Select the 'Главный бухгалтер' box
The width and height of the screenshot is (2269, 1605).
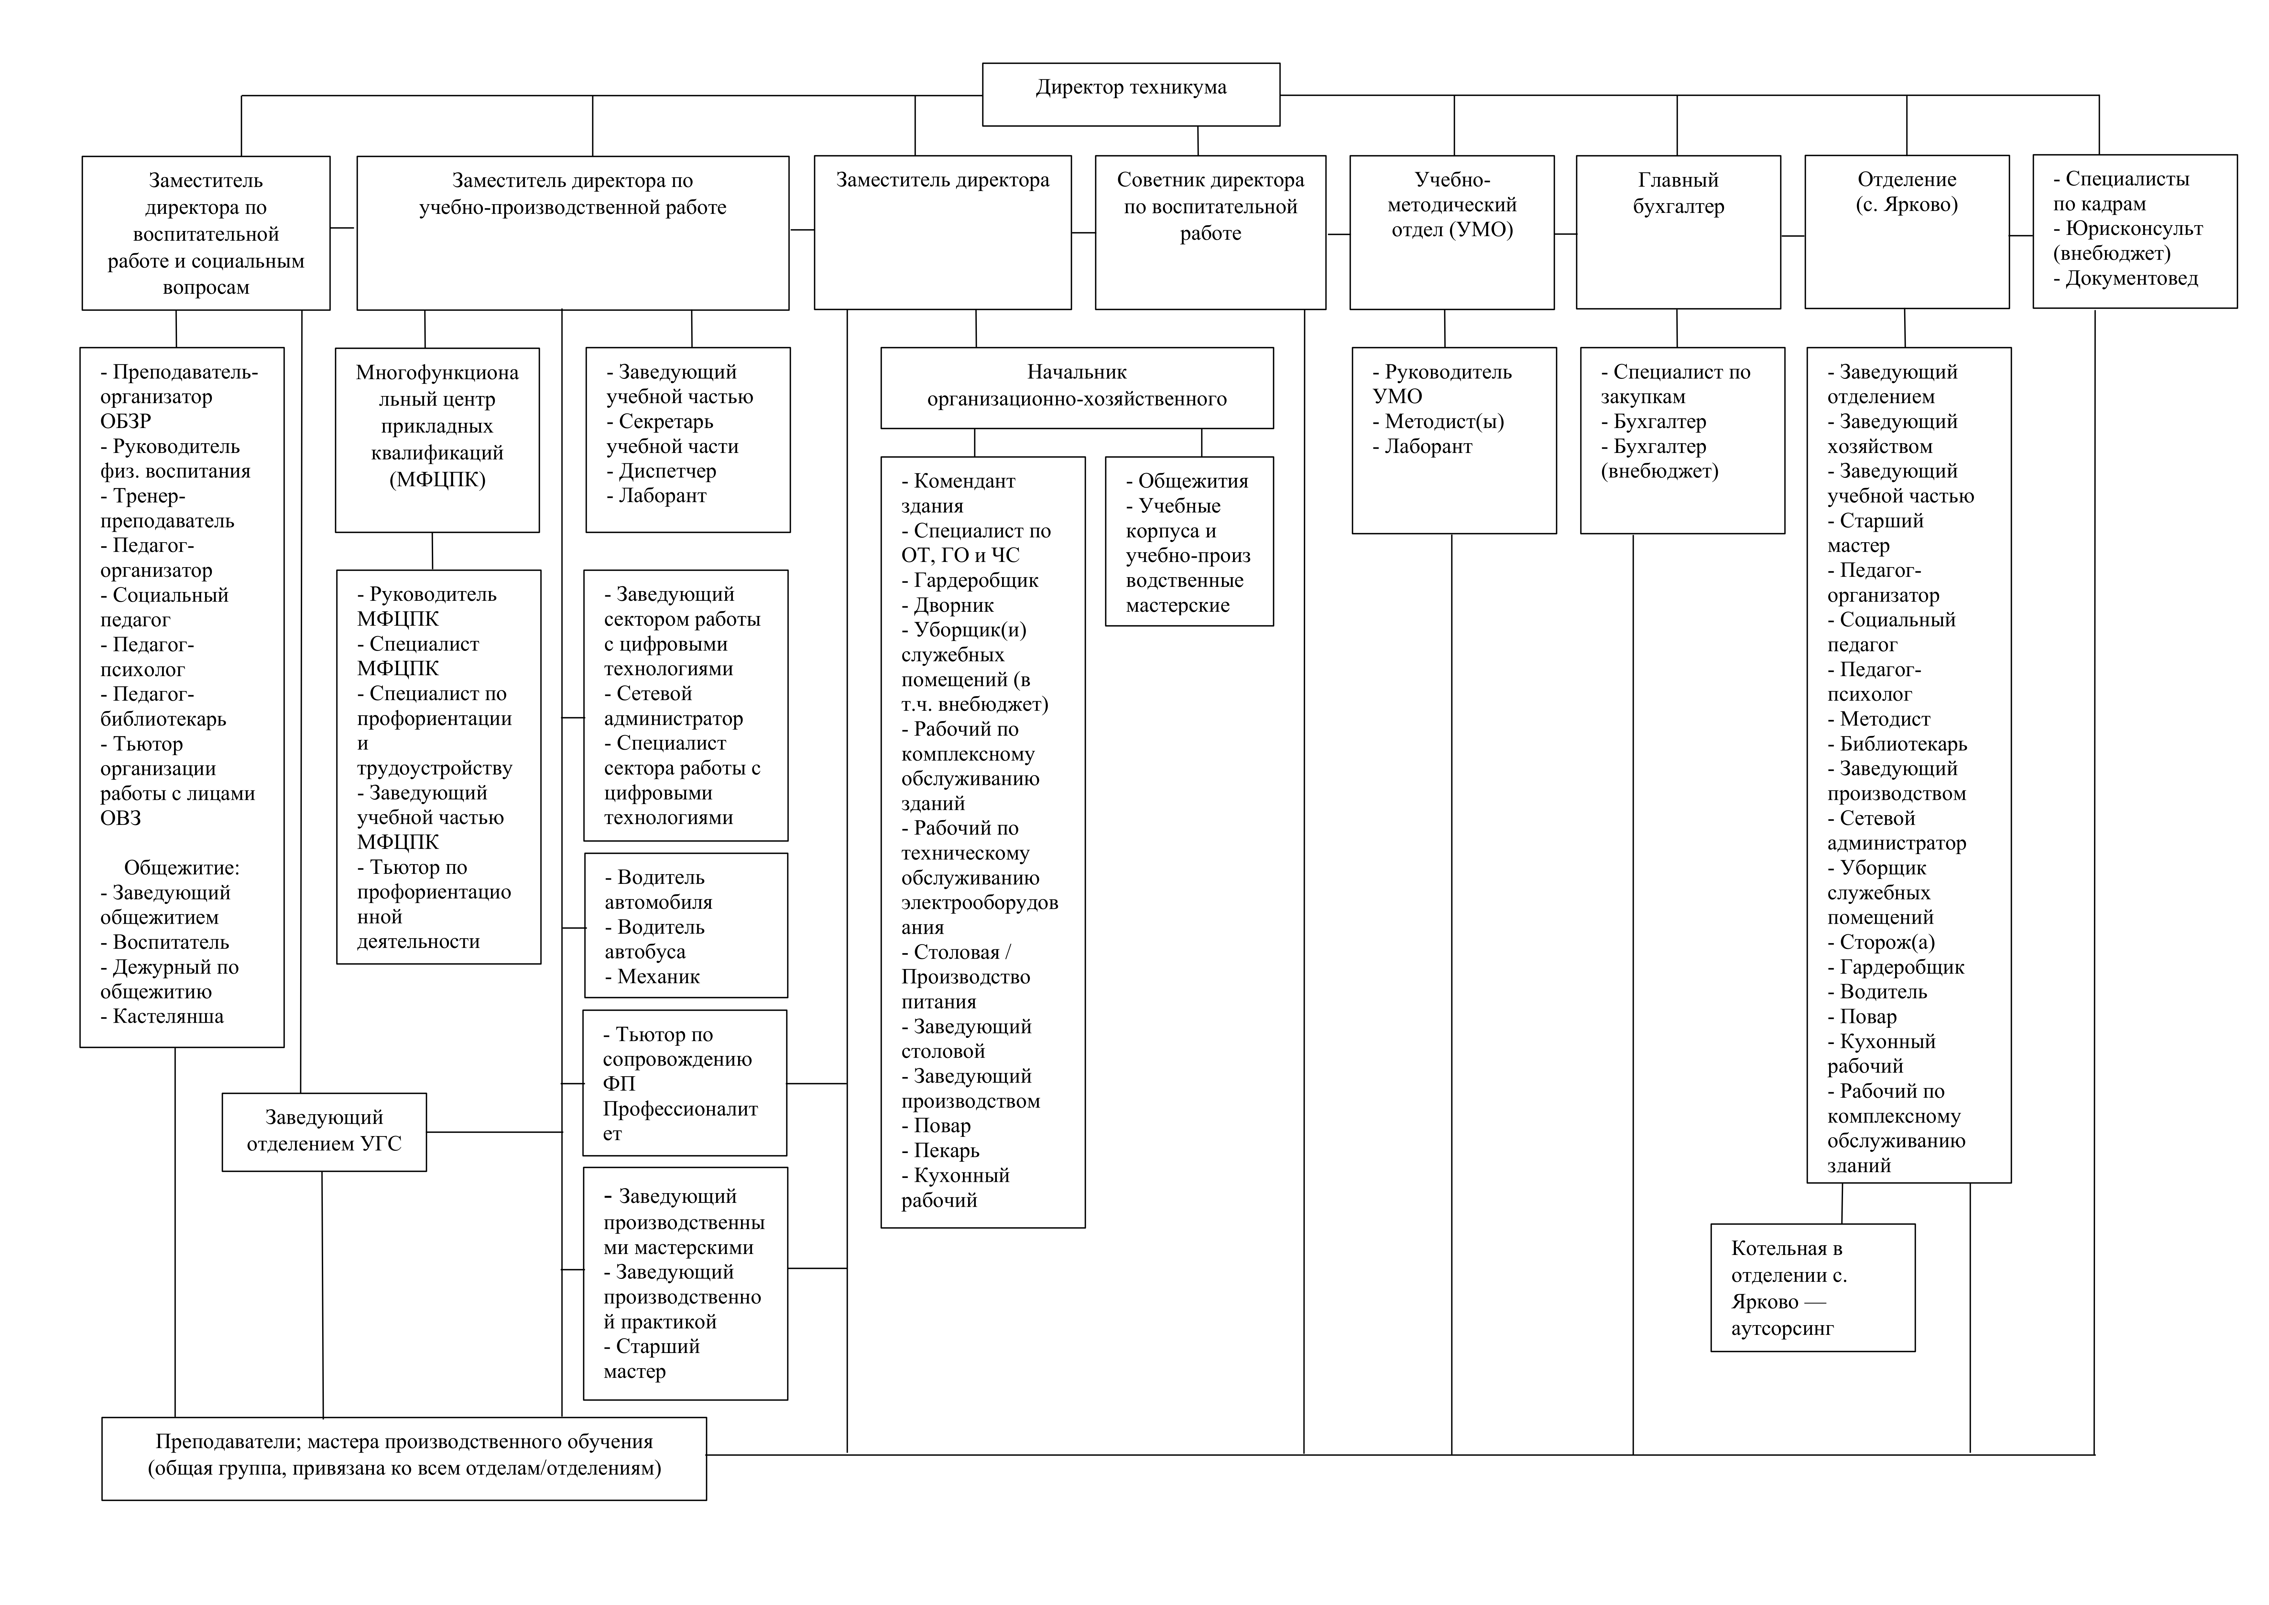(1678, 231)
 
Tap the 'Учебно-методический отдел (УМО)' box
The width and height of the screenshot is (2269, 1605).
(1452, 231)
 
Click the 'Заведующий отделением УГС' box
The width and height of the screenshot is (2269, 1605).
(324, 1132)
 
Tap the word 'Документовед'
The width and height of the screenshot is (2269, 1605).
(2132, 279)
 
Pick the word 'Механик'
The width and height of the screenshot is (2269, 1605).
(658, 976)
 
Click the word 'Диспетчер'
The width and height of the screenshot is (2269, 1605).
(667, 471)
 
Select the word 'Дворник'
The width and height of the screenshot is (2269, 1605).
(954, 605)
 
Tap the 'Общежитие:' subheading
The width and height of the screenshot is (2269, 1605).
(182, 868)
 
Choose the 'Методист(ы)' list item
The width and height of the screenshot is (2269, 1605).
(1444, 422)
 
